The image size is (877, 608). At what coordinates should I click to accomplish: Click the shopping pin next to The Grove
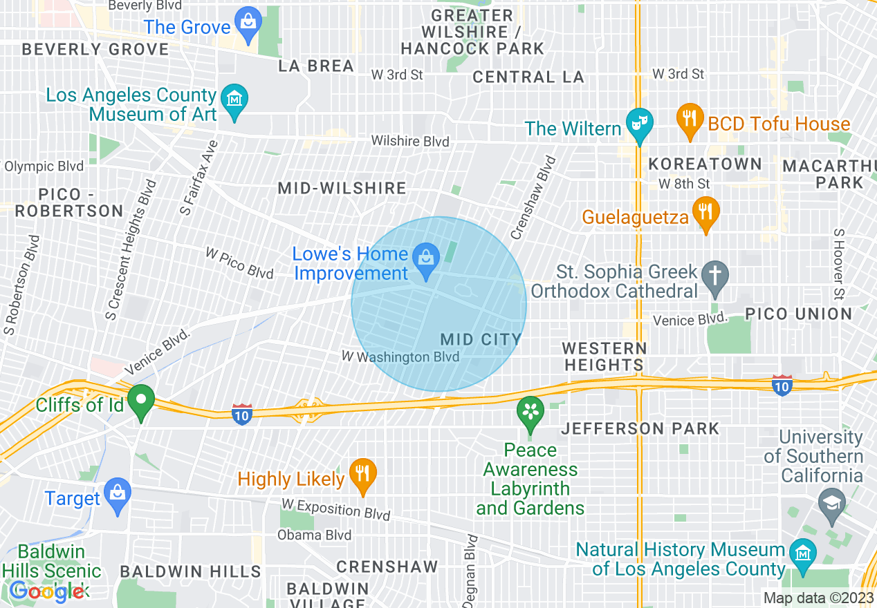pyautogui.click(x=248, y=23)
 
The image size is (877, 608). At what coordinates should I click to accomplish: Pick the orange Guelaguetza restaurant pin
pyautogui.click(x=706, y=213)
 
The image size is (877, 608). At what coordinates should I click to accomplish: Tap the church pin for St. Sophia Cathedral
pyautogui.click(x=715, y=276)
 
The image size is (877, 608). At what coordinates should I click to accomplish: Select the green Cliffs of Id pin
pyautogui.click(x=142, y=401)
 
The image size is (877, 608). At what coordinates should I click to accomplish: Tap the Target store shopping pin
pyautogui.click(x=118, y=495)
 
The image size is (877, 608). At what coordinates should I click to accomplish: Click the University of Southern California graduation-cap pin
pyautogui.click(x=831, y=504)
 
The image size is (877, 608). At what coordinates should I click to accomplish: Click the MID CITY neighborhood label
pyautogui.click(x=481, y=339)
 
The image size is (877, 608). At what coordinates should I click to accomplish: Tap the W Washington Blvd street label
pyautogui.click(x=400, y=357)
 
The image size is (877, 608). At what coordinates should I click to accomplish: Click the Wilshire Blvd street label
pyautogui.click(x=410, y=141)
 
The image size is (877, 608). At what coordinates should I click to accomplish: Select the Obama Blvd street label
pyautogui.click(x=314, y=535)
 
